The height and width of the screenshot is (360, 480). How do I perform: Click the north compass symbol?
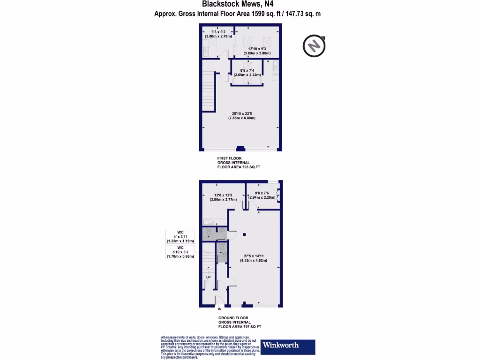pos(314,45)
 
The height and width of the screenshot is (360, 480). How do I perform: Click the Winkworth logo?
pos(288,346)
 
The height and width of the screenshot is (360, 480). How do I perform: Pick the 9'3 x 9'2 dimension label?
pos(215,33)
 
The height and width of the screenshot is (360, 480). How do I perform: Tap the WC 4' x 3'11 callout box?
pos(180,236)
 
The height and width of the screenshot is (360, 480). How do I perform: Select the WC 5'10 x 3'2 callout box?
pos(180,252)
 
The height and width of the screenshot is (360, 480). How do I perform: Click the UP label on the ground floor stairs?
pos(209,277)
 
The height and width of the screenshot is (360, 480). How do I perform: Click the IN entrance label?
pos(219,309)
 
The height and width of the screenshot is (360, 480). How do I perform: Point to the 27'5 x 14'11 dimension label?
pos(255,258)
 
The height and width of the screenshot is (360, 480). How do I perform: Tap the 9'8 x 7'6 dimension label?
pos(262,195)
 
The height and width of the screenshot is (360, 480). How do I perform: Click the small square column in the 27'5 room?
pos(244,234)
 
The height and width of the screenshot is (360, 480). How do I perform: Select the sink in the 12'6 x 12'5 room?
pos(209,222)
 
